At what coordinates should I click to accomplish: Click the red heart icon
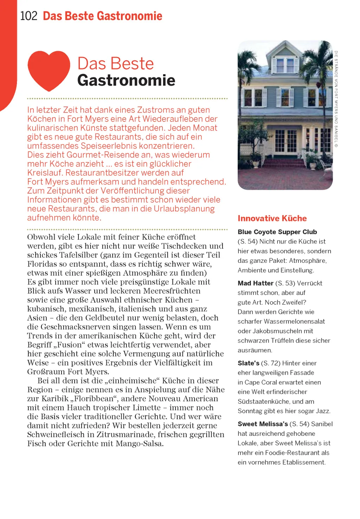tap(49, 70)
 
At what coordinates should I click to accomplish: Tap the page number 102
tap(28, 16)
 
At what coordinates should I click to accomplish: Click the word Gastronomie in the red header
tap(129, 16)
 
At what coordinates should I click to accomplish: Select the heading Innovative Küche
tap(272, 218)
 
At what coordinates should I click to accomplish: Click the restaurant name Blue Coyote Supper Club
tap(277, 232)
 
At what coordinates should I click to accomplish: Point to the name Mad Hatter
tap(255, 283)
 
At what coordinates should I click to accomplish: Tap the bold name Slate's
tap(248, 363)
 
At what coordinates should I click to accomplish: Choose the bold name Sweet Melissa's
tap(263, 424)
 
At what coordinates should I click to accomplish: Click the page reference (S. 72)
tap(271, 363)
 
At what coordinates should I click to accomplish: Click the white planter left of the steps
tap(256, 162)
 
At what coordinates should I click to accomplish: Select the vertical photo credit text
tap(336, 99)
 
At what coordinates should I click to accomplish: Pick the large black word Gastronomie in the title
tap(126, 80)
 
